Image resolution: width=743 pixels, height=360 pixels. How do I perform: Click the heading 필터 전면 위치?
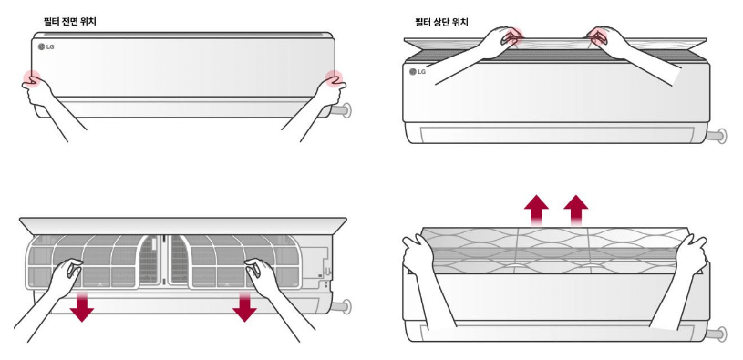(x=69, y=21)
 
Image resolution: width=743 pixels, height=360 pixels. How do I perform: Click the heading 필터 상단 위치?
(x=441, y=22)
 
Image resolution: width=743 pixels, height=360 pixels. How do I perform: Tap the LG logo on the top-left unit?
(x=46, y=46)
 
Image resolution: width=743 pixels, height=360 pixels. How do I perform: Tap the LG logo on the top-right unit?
(x=418, y=71)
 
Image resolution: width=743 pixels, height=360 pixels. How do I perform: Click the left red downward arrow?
(x=81, y=306)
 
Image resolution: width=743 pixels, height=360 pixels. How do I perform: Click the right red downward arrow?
(x=244, y=306)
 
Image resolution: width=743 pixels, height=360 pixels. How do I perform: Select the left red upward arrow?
(x=536, y=210)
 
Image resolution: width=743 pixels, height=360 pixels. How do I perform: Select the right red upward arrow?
(x=576, y=210)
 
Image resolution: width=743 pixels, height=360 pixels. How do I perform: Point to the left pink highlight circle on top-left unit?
(x=32, y=78)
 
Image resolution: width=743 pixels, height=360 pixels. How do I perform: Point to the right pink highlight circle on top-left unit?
(x=334, y=78)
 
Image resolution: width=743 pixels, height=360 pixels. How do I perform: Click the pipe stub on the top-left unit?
(x=341, y=111)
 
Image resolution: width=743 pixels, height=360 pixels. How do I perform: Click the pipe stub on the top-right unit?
(x=716, y=136)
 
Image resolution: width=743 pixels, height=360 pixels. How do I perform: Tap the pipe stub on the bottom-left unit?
(x=341, y=306)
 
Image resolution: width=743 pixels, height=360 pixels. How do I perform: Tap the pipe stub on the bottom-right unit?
(x=716, y=334)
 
